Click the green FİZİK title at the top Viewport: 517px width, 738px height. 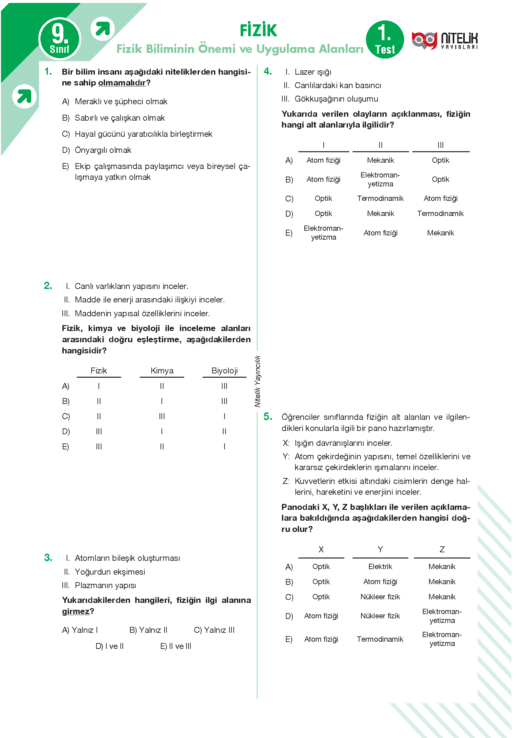(258, 30)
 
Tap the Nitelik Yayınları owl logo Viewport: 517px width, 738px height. (424, 41)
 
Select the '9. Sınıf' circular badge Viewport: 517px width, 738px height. (60, 39)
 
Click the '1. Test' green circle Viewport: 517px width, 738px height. (385, 40)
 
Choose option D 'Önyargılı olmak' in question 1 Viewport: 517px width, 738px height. (103, 150)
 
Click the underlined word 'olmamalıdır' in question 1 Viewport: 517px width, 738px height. (122, 83)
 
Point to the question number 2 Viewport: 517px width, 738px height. (48, 286)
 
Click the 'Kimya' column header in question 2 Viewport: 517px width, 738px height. (162, 371)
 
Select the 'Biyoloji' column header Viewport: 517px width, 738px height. (225, 371)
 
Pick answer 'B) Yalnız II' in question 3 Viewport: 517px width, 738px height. (148, 630)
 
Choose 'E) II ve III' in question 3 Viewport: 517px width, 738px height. (176, 646)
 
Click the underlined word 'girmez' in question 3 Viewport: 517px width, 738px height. (76, 611)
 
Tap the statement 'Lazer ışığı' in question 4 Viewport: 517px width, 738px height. (313, 72)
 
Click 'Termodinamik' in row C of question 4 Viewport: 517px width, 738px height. (380, 199)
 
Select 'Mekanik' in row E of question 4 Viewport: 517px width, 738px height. (441, 233)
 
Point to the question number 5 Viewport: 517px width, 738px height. (268, 417)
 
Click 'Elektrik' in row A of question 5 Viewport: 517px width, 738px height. (380, 567)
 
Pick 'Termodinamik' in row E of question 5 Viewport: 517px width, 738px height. (380, 639)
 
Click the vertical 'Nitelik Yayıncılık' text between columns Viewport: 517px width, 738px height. (258, 381)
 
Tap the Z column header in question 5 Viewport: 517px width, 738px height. (442, 550)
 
